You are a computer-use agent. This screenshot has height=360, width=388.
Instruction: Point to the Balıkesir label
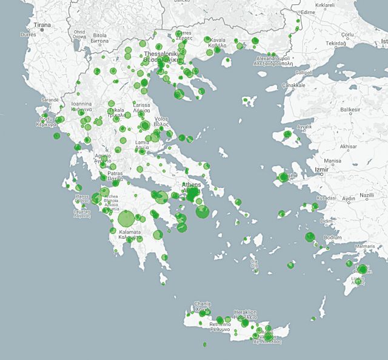(350, 109)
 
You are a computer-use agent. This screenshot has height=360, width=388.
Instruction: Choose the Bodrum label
(333, 238)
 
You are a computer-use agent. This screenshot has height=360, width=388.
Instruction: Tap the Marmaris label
(365, 247)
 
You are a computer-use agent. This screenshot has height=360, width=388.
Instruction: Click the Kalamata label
(130, 232)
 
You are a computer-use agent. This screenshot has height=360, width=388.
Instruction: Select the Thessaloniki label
(161, 55)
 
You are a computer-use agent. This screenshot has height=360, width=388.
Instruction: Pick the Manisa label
(333, 161)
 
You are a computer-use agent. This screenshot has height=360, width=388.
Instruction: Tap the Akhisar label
(349, 147)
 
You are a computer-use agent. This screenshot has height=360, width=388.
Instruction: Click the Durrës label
(28, 35)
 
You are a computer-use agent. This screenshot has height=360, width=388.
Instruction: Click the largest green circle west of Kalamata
(126, 218)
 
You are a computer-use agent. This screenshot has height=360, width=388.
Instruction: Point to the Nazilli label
(367, 195)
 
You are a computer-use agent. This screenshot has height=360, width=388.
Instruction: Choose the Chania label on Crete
(201, 304)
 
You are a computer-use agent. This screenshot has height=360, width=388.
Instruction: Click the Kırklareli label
(324, 4)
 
